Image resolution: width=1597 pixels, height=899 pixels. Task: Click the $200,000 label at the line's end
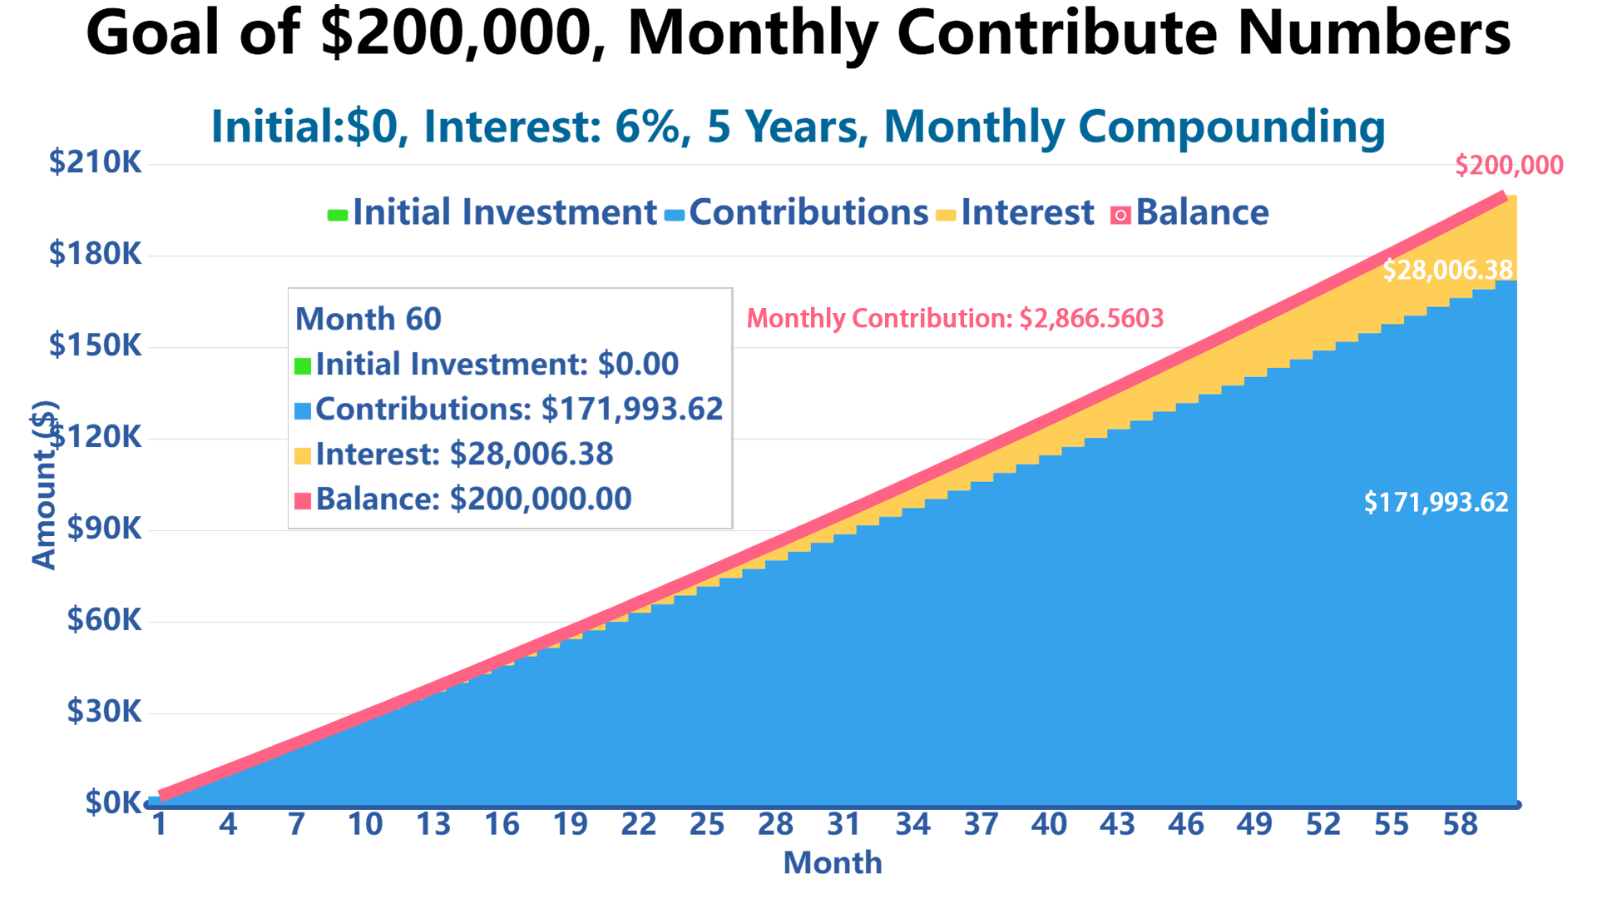click(1509, 166)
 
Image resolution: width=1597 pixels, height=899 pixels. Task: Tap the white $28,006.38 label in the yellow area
click(1447, 270)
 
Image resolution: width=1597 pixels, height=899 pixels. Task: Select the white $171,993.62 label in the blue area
click(1436, 503)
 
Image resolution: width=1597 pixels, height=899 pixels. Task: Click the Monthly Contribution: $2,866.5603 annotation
click(955, 318)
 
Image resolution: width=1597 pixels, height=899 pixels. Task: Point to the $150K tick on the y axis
click(96, 345)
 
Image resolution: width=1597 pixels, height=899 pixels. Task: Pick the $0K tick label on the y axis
click(113, 802)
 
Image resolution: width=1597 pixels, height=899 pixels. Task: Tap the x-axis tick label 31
click(843, 824)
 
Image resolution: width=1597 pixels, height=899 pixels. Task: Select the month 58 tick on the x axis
click(1459, 824)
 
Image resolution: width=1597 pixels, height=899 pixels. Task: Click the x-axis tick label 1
click(159, 824)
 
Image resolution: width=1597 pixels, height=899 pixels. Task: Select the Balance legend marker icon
click(1120, 216)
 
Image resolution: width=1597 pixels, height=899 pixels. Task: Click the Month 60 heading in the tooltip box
click(368, 319)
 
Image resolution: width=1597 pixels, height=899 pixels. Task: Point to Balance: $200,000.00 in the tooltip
click(473, 499)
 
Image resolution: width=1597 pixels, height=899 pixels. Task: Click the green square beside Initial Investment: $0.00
click(303, 365)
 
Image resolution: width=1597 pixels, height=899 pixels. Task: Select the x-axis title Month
click(832, 862)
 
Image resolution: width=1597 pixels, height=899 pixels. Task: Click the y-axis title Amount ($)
click(44, 485)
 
